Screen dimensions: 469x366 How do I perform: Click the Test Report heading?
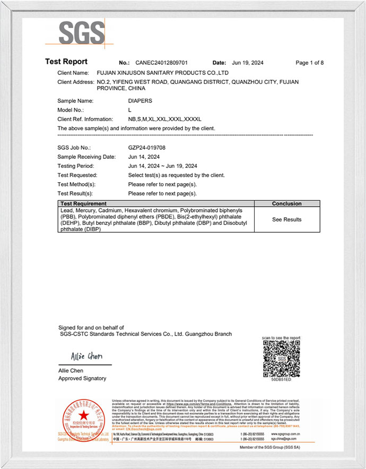pos(66,62)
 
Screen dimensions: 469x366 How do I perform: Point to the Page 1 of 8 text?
pos(309,63)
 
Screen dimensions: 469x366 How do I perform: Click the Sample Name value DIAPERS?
pos(141,100)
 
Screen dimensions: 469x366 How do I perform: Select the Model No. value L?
pos(130,110)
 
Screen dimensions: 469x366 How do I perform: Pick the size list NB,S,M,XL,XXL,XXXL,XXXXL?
pos(165,119)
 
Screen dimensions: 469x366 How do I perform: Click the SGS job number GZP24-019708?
pos(151,147)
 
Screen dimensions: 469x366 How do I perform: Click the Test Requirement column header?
pos(83,203)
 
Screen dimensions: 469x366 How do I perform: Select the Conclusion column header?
pos(286,203)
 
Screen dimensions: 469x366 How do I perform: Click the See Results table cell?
pos(286,219)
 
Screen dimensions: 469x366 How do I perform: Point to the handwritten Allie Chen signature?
pos(86,356)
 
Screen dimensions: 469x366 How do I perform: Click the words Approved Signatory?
pos(82,378)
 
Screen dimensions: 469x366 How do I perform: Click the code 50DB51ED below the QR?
pos(282,380)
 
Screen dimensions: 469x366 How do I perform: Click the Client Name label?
pos(73,72)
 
